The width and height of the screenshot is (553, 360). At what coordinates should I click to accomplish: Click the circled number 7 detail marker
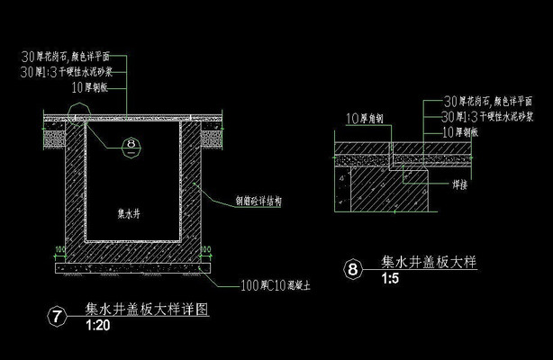click(x=58, y=315)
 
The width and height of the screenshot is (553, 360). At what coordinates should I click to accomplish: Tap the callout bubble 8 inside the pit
click(x=131, y=143)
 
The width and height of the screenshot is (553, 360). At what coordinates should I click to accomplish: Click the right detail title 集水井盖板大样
click(x=428, y=263)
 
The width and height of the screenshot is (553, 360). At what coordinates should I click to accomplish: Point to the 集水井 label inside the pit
click(x=131, y=214)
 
